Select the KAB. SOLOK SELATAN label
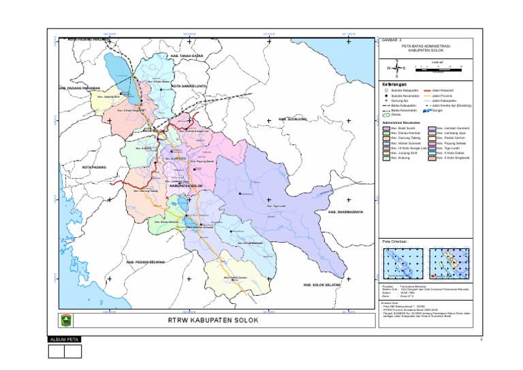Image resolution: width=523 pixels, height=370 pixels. (321, 284)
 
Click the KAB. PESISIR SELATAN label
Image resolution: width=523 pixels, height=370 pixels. (146, 262)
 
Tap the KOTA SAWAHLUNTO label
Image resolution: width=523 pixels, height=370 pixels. (191, 86)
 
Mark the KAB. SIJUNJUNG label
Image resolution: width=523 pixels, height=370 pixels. (293, 118)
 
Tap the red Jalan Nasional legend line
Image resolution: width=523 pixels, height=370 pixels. (430, 90)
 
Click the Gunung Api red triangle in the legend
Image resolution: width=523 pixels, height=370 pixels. (386, 101)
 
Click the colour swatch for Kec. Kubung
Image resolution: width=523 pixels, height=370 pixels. (386, 161)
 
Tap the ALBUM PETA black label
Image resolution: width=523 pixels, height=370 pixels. (65, 339)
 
